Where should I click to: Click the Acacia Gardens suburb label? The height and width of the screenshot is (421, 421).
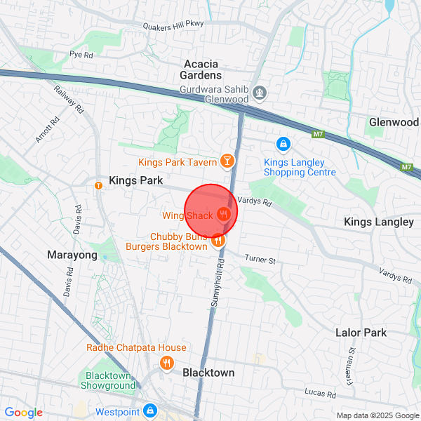[202, 69]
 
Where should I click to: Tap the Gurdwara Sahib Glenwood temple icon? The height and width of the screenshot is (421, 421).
[260, 92]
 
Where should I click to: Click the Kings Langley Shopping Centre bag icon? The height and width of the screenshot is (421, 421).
[283, 144]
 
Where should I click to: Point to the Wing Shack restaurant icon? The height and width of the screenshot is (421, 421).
[224, 214]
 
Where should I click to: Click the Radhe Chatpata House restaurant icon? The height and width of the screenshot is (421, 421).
[167, 363]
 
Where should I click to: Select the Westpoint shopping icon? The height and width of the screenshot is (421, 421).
[149, 410]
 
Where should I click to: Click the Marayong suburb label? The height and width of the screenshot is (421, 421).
[72, 255]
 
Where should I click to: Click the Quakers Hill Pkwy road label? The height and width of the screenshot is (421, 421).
[173, 24]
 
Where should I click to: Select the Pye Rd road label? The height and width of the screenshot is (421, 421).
[81, 54]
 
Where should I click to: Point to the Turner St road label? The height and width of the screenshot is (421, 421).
[261, 260]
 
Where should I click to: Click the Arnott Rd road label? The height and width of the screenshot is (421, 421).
[48, 130]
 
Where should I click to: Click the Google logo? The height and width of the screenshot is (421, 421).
[23, 413]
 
